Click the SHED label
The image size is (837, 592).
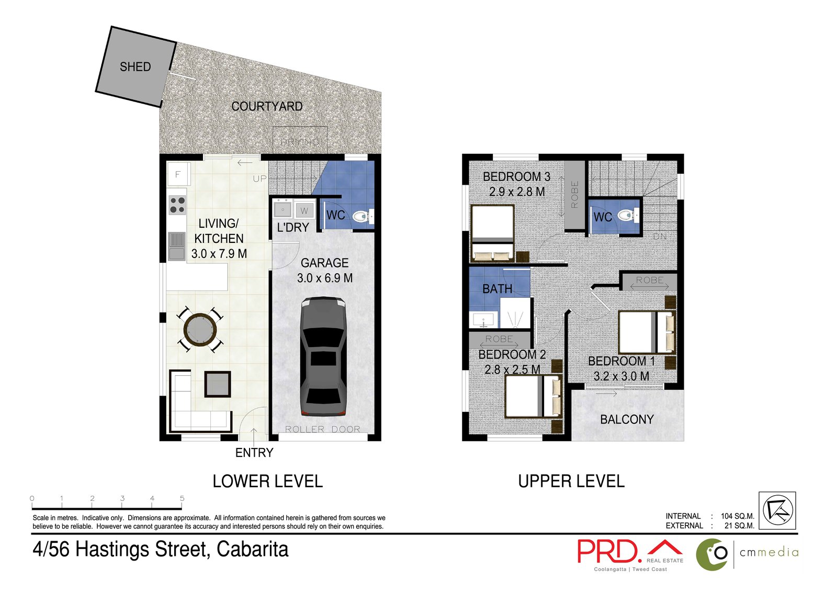(135, 67)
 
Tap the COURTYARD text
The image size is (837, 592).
(267, 106)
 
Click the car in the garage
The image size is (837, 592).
(323, 356)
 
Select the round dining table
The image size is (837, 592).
(200, 330)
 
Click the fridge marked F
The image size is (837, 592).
(178, 174)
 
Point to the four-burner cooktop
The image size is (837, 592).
(177, 205)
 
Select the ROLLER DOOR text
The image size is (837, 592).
(322, 429)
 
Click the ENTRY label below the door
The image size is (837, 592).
(254, 453)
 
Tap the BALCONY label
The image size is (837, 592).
(627, 419)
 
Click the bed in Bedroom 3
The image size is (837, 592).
(492, 233)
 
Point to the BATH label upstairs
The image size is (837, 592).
(497, 289)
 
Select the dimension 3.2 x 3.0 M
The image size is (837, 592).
(621, 376)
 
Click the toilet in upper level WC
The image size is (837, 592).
(627, 215)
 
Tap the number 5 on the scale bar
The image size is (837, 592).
(182, 498)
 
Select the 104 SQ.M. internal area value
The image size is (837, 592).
(737, 516)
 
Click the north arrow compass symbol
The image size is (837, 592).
(777, 510)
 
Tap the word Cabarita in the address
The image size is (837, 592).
(252, 550)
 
